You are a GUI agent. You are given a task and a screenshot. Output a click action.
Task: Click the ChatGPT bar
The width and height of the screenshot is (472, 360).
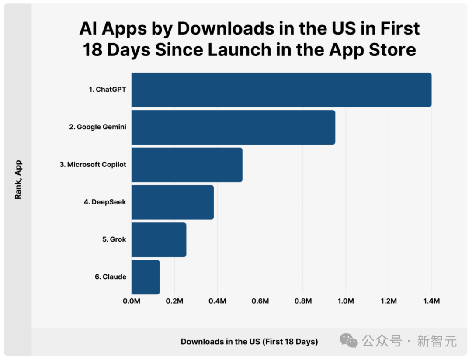pyautogui.click(x=281, y=90)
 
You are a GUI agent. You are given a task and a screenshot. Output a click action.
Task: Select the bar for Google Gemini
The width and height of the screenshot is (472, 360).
pyautogui.click(x=233, y=127)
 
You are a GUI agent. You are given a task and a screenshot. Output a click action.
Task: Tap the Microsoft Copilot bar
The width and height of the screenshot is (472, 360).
pyautogui.click(x=187, y=165)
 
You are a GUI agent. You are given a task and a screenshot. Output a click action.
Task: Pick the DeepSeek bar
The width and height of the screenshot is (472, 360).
pyautogui.click(x=173, y=202)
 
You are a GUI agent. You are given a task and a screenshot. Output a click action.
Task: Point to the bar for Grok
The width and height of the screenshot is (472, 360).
pyautogui.click(x=159, y=239)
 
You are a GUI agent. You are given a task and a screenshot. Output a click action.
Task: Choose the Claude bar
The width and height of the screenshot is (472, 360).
pyautogui.click(x=146, y=277)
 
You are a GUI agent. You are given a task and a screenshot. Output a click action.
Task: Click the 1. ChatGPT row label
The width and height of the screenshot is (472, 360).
pyautogui.click(x=108, y=90)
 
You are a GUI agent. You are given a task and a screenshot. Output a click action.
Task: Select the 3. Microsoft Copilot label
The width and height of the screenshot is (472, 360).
pyautogui.click(x=93, y=165)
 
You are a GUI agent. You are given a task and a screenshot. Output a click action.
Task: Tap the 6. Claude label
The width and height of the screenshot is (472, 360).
pyautogui.click(x=111, y=277)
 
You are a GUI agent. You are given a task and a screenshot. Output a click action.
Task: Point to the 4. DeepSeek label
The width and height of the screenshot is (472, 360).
pyautogui.click(x=105, y=202)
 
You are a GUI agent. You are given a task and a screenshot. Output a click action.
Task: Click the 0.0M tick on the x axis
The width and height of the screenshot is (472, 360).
pyautogui.click(x=132, y=301)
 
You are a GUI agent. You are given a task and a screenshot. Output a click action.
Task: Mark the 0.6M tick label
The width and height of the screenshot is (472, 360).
pyautogui.click(x=260, y=301)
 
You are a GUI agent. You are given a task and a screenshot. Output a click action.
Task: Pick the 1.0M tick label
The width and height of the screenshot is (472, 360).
pyautogui.click(x=346, y=301)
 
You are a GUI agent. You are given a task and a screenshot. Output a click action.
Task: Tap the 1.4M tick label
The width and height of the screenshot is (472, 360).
pyautogui.click(x=432, y=301)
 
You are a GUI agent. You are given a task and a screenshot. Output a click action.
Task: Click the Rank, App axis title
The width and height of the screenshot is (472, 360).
pyautogui.click(x=18, y=180)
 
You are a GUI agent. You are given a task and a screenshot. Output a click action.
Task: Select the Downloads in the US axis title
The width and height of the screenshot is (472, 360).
pyautogui.click(x=249, y=342)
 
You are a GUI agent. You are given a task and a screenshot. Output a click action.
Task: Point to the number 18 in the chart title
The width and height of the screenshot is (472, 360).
pyautogui.click(x=93, y=50)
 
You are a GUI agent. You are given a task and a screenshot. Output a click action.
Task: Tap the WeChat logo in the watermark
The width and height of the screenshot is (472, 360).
pyautogui.click(x=349, y=341)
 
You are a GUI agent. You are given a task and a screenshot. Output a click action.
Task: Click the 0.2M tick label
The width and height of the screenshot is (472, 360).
pyautogui.click(x=174, y=301)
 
